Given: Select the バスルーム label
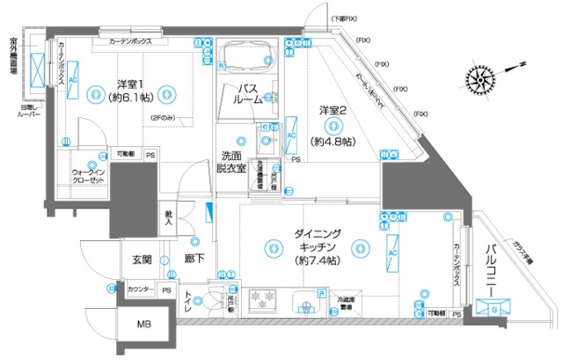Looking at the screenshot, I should [248, 94].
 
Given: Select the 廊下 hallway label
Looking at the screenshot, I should [195, 261].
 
